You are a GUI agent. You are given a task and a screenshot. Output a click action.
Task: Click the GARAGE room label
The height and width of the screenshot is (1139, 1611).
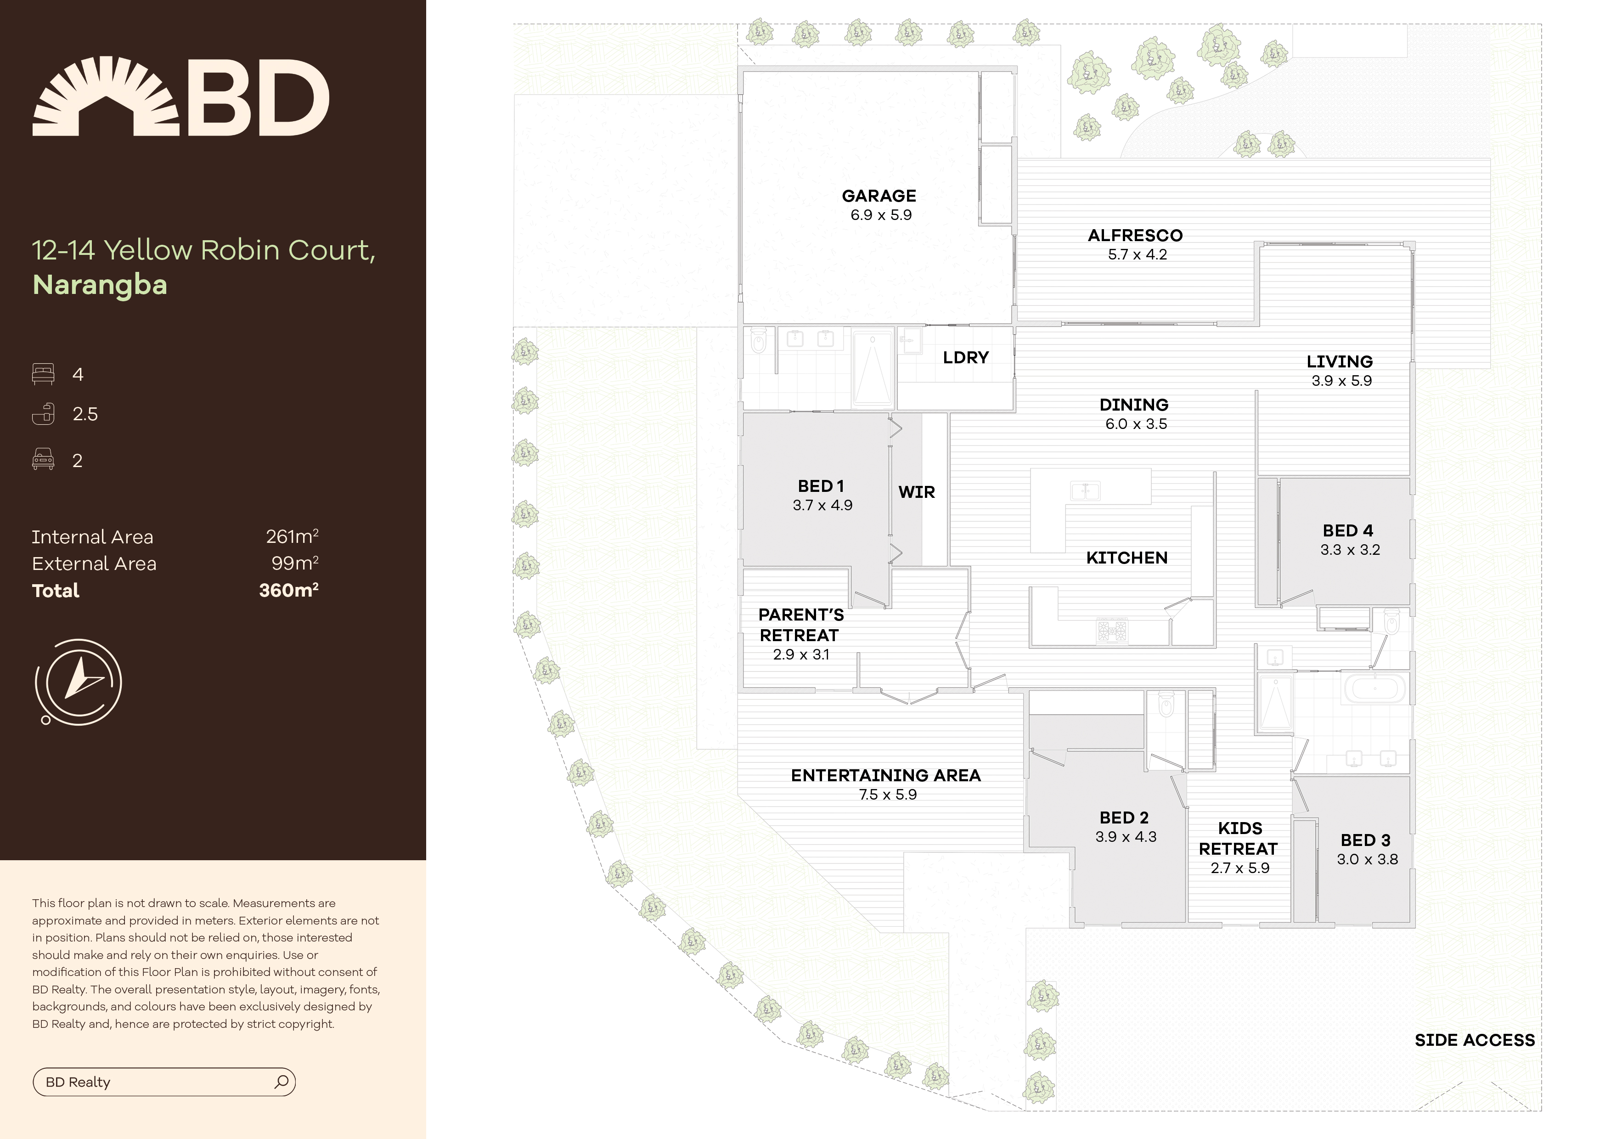[879, 196]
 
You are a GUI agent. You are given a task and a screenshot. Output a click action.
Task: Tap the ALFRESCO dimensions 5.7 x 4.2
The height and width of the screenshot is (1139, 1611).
[1137, 255]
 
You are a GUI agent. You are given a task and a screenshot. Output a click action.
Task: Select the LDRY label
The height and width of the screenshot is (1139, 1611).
[965, 358]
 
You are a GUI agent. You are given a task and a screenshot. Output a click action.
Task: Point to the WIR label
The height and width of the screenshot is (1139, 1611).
[916, 493]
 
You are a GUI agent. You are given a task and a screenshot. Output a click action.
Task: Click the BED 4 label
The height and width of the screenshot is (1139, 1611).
[1347, 530]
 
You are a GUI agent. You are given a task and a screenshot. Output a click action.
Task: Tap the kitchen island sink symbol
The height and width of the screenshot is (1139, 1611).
[1085, 491]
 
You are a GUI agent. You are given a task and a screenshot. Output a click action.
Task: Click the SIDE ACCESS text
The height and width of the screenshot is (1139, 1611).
[1474, 1040]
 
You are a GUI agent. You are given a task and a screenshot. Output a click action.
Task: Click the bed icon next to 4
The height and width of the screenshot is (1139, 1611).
[43, 374]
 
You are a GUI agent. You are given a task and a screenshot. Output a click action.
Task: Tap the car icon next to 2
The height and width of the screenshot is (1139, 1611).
[43, 460]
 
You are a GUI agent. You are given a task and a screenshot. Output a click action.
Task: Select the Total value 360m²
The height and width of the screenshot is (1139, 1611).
[288, 590]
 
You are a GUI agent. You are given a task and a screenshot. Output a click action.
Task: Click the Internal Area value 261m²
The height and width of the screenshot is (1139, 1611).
[292, 537]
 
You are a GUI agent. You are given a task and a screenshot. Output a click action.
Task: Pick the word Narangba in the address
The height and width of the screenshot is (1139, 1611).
[100, 285]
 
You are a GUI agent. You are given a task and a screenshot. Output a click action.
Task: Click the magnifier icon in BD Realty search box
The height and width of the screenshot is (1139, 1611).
[282, 1082]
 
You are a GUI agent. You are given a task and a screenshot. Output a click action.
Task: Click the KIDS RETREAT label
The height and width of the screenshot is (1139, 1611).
[1239, 839]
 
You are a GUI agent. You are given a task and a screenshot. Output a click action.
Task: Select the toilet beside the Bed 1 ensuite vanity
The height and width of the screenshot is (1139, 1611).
[759, 342]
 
